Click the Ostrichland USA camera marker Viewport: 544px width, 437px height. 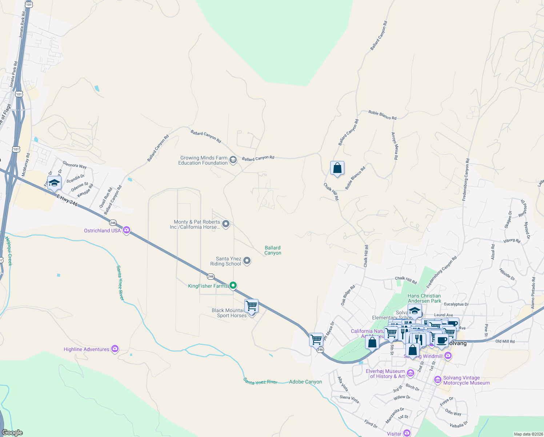pos(127,230)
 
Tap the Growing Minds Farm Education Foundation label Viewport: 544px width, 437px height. pos(203,160)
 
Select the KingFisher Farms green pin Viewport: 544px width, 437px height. pos(233,286)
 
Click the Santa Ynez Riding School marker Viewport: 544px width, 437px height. pos(247,261)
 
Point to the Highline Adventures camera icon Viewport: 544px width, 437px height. pos(115,349)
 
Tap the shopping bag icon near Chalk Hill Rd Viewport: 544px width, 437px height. pos(337,168)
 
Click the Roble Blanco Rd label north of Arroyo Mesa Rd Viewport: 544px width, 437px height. pos(382,115)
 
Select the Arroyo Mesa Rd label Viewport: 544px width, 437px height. pos(395,146)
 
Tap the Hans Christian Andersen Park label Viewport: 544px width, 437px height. pos(424,298)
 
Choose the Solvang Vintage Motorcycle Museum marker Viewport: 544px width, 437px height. pos(437,380)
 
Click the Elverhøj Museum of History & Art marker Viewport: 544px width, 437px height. pos(411,373)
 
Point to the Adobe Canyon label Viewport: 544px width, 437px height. pos(305,382)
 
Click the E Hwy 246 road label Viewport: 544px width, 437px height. pos(67,200)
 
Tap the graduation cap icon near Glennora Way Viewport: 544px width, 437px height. pos(54,183)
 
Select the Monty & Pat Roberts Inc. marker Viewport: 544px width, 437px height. pos(226,224)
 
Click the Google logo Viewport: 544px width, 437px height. pos(12,433)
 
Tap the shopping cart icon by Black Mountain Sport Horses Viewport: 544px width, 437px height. pos(251,306)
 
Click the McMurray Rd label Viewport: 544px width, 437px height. pos(26,165)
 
